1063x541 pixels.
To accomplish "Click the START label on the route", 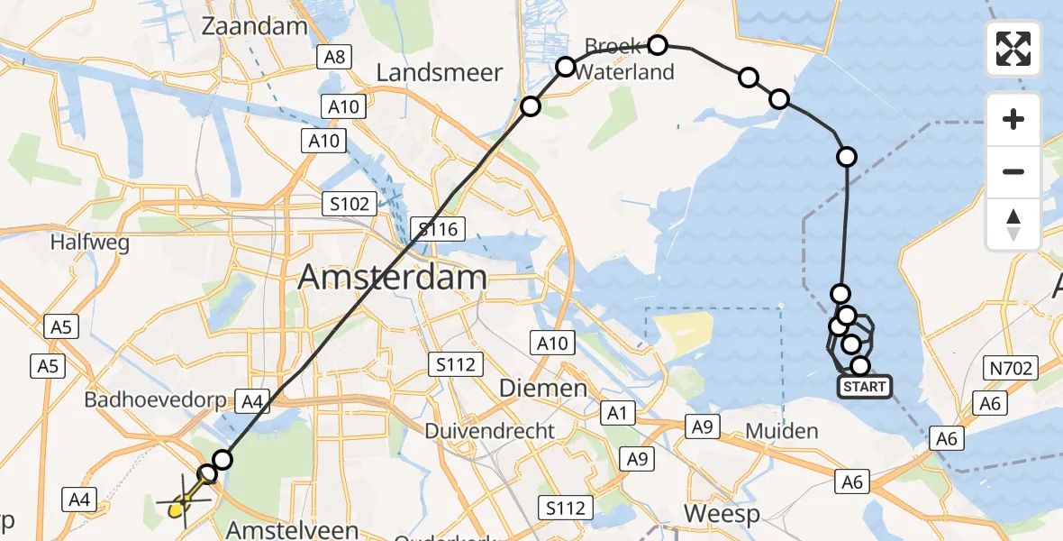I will pyautogui.click(x=865, y=388).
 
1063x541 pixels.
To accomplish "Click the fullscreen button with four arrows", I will pyautogui.click(x=1013, y=49).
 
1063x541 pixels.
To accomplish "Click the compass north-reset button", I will pyautogui.click(x=1013, y=225).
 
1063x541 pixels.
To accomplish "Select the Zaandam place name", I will pyautogui.click(x=255, y=26).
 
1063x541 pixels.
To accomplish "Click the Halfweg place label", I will pyautogui.click(x=90, y=243).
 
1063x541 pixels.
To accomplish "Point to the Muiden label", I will pyautogui.click(x=782, y=431).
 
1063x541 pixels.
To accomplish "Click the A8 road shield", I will pyautogui.click(x=333, y=58).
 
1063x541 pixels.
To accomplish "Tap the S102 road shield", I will pyautogui.click(x=350, y=204).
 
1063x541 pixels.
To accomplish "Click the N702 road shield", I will pyautogui.click(x=1012, y=368).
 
